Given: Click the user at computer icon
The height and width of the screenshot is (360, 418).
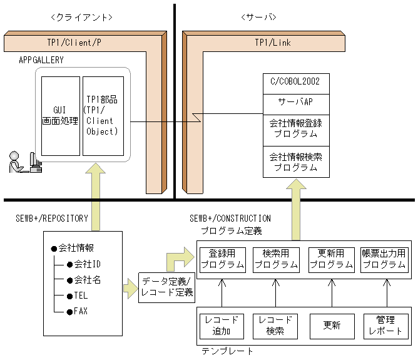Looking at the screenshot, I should coord(24,162).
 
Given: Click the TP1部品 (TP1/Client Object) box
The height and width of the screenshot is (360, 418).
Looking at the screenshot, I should coord(104,116).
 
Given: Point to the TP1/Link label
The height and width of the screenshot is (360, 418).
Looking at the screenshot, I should coord(273,43).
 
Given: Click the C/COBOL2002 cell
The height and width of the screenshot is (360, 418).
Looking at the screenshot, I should coord(296,82).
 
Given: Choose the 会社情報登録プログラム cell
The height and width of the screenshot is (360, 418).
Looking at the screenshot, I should coord(296,128).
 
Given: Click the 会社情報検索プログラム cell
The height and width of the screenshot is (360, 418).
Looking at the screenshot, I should coord(296,162).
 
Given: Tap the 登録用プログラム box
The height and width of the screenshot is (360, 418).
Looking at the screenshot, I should coord(222,259).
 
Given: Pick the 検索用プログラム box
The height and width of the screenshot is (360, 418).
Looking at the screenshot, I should coord(277,259).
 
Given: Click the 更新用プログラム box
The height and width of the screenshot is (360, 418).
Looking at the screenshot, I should coord(332,259).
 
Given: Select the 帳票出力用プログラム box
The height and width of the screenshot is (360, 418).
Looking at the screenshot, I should coord(384,259).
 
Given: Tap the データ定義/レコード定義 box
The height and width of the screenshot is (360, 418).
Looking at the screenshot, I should coord(167,287).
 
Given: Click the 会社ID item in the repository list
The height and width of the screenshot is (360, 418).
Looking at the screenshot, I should coord(87,264).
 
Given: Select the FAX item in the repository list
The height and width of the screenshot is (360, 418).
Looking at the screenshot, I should coord(81,311).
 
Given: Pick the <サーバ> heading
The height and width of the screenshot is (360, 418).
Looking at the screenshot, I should coord(258,16).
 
